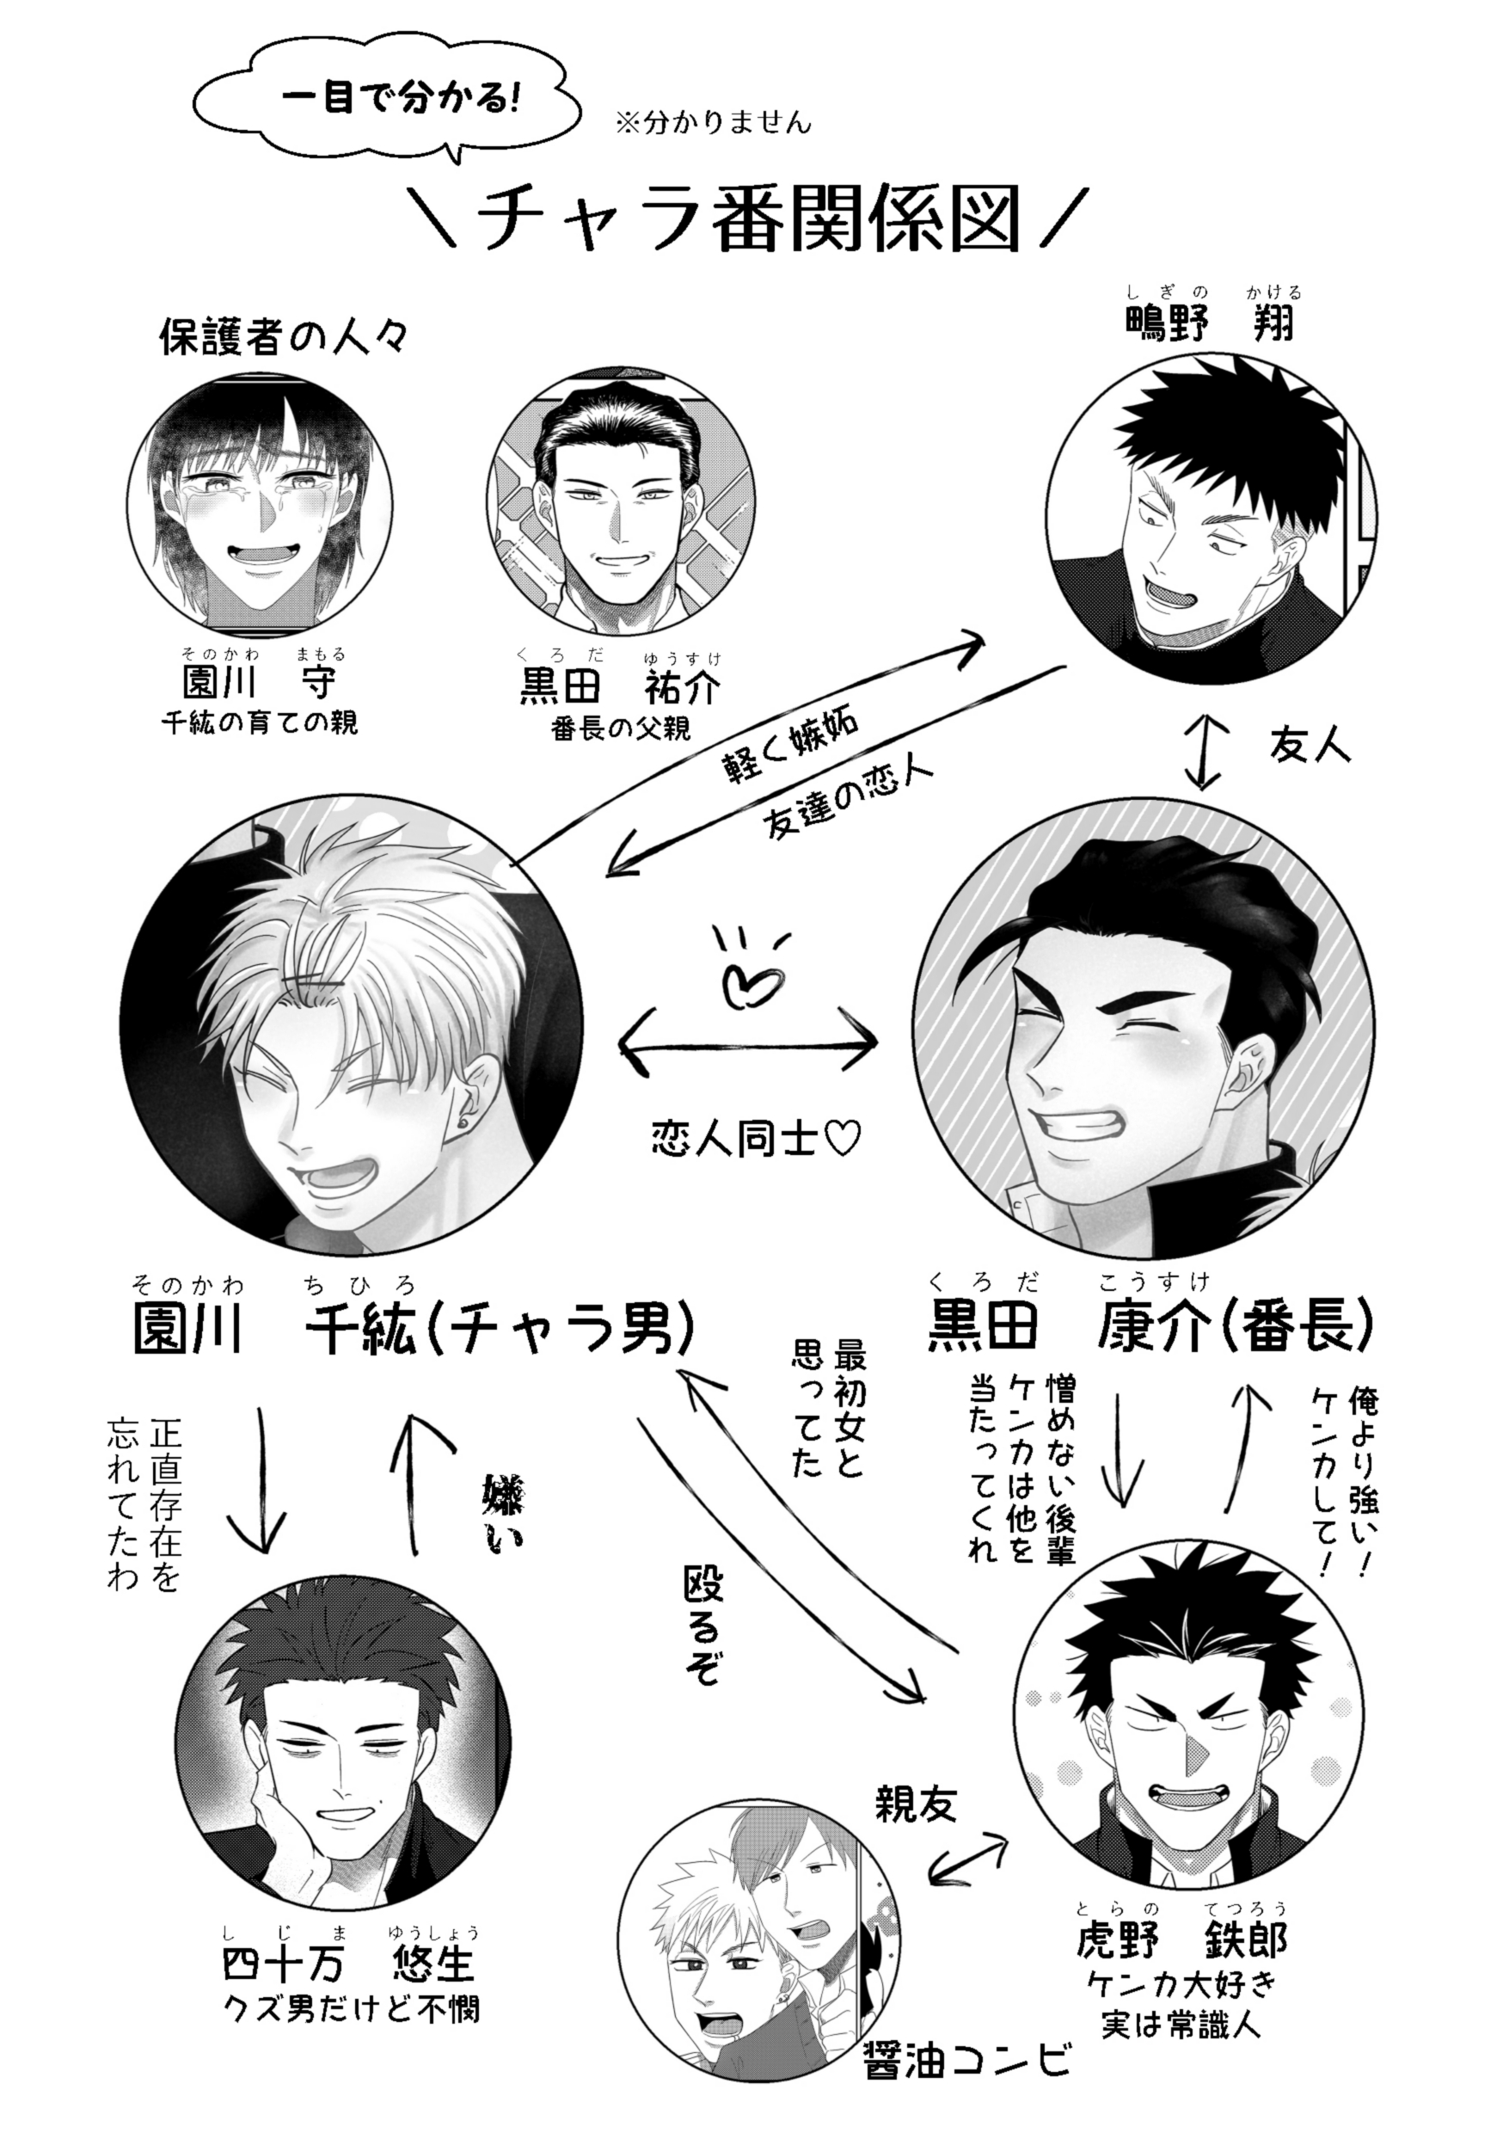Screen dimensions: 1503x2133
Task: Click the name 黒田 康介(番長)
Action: tap(1150, 1322)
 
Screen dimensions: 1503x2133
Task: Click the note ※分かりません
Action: tap(713, 123)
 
